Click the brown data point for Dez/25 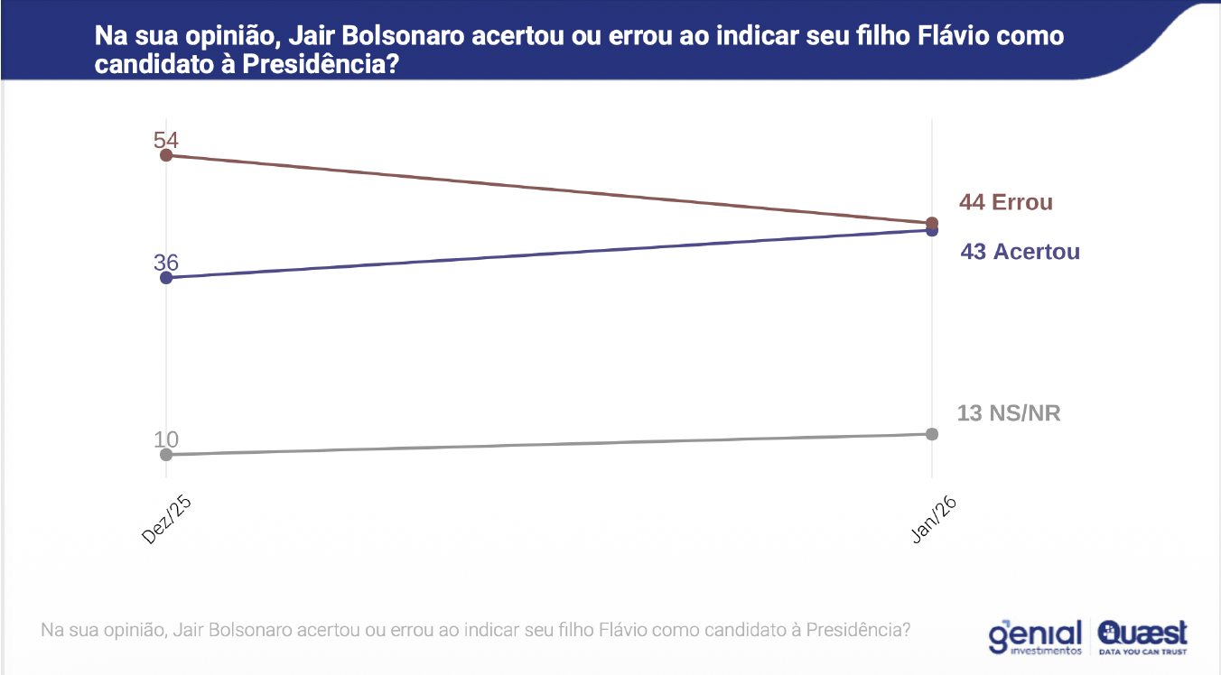click(166, 155)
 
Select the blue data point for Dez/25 click(166, 277)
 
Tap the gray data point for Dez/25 click(166, 454)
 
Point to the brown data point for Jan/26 click(932, 223)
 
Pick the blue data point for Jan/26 click(932, 231)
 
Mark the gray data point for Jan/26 click(932, 434)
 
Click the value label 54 click(166, 140)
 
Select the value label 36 click(166, 262)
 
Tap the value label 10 click(166, 439)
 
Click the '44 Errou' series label click(1006, 202)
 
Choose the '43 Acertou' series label click(1020, 252)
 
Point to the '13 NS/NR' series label click(1009, 414)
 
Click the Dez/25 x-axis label click(168, 519)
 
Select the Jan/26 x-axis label click(934, 519)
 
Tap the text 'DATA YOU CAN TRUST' click(1142, 651)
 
